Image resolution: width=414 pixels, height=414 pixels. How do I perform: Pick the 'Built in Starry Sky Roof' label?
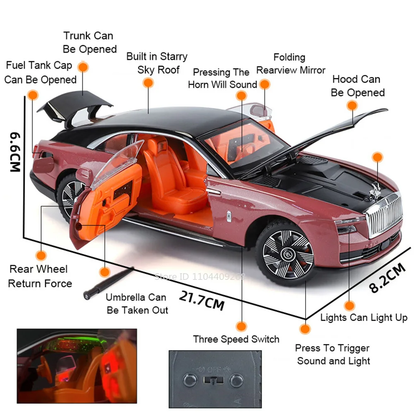pyautogui.click(x=157, y=63)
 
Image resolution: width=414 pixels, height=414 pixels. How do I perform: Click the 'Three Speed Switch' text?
pyautogui.click(x=236, y=339)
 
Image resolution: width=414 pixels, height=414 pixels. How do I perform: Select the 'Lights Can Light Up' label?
pyautogui.click(x=364, y=318)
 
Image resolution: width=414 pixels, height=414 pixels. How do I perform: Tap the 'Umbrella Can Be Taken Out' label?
pyautogui.click(x=137, y=303)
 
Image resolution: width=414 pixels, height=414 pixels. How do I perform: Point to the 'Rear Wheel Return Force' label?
pyautogui.click(x=40, y=276)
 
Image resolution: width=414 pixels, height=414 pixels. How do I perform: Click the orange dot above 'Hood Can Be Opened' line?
pyautogui.click(x=352, y=106)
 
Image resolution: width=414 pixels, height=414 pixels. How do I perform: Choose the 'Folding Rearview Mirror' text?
pyautogui.click(x=291, y=64)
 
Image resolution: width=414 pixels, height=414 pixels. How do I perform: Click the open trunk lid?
pyautogui.click(x=77, y=105)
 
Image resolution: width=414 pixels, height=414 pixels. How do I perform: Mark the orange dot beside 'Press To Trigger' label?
pyautogui.click(x=305, y=330)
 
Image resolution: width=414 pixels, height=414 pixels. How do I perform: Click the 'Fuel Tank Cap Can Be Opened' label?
pyautogui.click(x=40, y=72)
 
